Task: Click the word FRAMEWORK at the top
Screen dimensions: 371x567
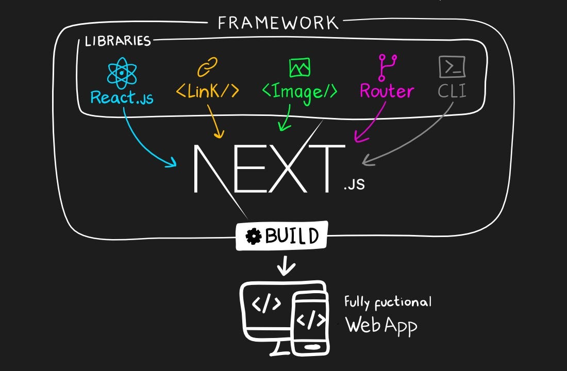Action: click(278, 23)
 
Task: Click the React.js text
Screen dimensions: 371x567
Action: click(122, 97)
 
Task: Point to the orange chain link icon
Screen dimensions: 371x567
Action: click(207, 67)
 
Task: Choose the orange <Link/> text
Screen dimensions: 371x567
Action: click(207, 91)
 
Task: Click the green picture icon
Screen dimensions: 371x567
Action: click(299, 68)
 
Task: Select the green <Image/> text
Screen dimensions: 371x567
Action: click(299, 92)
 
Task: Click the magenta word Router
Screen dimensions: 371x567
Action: click(387, 91)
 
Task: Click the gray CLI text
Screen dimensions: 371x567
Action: click(452, 91)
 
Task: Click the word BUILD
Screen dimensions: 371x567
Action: click(292, 237)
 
